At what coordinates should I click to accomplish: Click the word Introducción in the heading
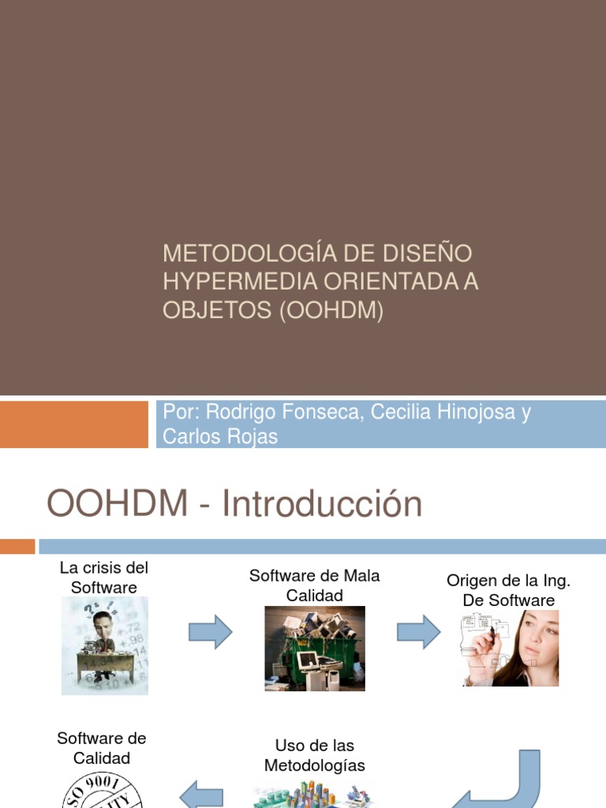[322, 505]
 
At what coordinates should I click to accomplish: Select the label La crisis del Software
[104, 578]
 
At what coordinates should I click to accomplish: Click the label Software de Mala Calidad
[314, 585]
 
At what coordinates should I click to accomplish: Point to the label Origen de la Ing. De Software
[508, 590]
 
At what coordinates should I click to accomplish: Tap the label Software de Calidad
[102, 748]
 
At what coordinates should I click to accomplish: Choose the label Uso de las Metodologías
[314, 755]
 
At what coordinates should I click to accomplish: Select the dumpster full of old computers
[314, 649]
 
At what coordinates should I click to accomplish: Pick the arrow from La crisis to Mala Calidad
[210, 632]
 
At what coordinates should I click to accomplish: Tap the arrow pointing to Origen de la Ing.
[418, 632]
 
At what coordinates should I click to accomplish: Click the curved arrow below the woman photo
[513, 780]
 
